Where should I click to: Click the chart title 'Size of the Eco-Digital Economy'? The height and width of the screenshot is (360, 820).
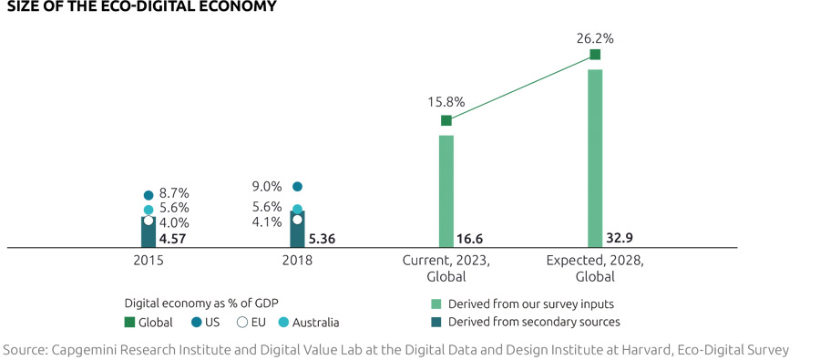click(140, 7)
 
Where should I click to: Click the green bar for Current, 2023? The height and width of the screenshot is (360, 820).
click(446, 191)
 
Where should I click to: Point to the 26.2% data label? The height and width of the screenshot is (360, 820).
click(595, 39)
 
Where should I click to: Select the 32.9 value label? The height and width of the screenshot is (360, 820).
click(619, 239)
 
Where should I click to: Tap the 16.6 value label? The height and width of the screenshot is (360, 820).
click(469, 240)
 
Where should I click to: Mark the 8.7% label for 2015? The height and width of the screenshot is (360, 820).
click(174, 194)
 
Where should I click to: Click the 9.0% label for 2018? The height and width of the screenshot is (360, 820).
click(266, 187)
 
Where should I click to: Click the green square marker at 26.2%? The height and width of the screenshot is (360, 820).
click(595, 56)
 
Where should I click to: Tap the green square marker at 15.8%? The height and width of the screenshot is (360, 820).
click(446, 120)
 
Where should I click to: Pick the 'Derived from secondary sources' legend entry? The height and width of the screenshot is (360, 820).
click(524, 321)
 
